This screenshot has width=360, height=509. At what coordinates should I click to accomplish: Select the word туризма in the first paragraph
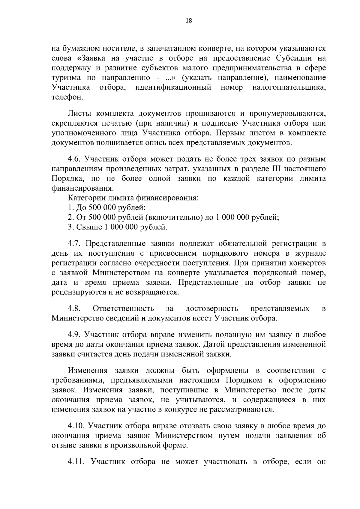[66, 78]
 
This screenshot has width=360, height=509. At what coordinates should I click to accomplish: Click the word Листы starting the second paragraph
[78, 114]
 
